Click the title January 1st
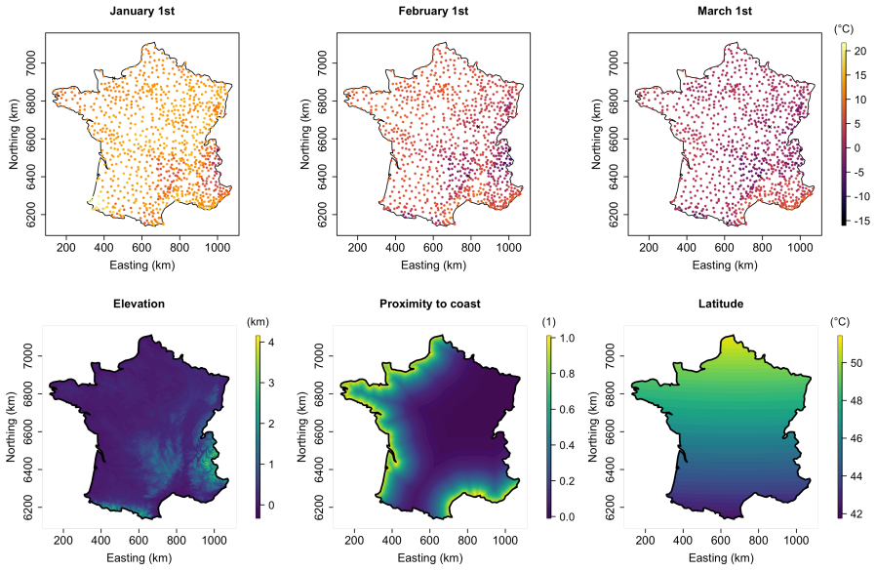pos(141,11)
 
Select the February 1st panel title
pos(433,11)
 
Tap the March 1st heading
pos(725,11)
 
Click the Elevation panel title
pos(139,304)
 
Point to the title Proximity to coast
pos(430,304)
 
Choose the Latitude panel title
pos(721,304)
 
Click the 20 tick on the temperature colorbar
pos(860,52)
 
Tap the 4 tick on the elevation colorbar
pos(271,342)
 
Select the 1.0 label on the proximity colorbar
pos(567,338)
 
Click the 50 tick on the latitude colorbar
pos(856,363)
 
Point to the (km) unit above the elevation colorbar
pos(258,321)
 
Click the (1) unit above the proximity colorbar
pos(548,321)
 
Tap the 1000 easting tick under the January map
pos(218,248)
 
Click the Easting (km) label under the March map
pos(725,265)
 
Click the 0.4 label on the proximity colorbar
pos(567,445)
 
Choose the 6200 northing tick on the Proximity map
pos(302,508)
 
